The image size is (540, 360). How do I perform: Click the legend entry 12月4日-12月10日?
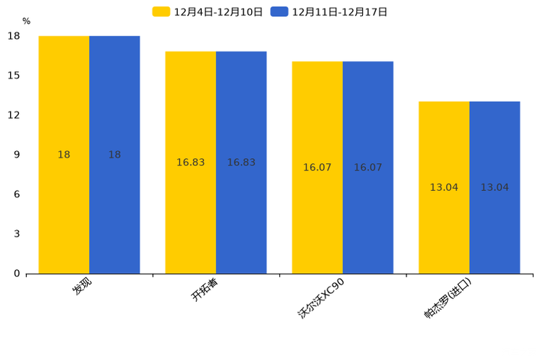point(208,12)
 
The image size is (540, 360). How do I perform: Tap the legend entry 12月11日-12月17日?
point(330,12)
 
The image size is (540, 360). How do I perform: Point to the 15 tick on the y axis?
point(14,75)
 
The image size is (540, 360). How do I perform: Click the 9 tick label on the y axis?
point(17,155)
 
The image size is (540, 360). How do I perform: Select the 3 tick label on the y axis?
point(17,234)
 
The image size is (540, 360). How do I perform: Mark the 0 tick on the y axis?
point(17,274)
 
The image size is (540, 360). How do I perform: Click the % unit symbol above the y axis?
point(26,22)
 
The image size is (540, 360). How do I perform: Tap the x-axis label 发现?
point(81,286)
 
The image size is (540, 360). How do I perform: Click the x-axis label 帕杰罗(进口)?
point(448,298)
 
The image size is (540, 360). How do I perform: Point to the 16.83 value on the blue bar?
point(241,163)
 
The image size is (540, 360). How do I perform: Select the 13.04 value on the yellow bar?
point(444,187)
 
